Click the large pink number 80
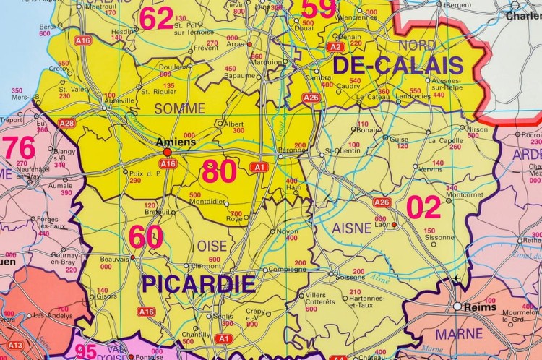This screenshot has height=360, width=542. pyautogui.click(x=219, y=172)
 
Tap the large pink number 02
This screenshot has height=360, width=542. pyautogui.click(x=423, y=207)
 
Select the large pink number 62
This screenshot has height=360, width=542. pyautogui.click(x=156, y=18)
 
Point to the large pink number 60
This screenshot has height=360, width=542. pyautogui.click(x=146, y=237)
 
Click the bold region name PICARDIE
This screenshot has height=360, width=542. pyautogui.click(x=198, y=283)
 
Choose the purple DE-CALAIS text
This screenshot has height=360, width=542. pyautogui.click(x=397, y=65)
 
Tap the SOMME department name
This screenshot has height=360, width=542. pyautogui.click(x=180, y=108)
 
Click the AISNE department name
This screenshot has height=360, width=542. pyautogui.click(x=351, y=228)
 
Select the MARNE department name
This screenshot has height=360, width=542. pyautogui.click(x=459, y=334)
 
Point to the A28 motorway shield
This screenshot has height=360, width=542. pyautogui.click(x=66, y=124)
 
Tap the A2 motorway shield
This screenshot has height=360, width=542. pyautogui.click(x=335, y=46)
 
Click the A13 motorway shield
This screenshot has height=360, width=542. pyautogui.click(x=15, y=346)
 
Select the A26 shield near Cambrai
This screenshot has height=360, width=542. pyautogui.click(x=311, y=97)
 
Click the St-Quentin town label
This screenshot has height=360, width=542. pyautogui.click(x=338, y=151)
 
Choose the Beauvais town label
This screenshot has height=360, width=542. pyautogui.click(x=115, y=259)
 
